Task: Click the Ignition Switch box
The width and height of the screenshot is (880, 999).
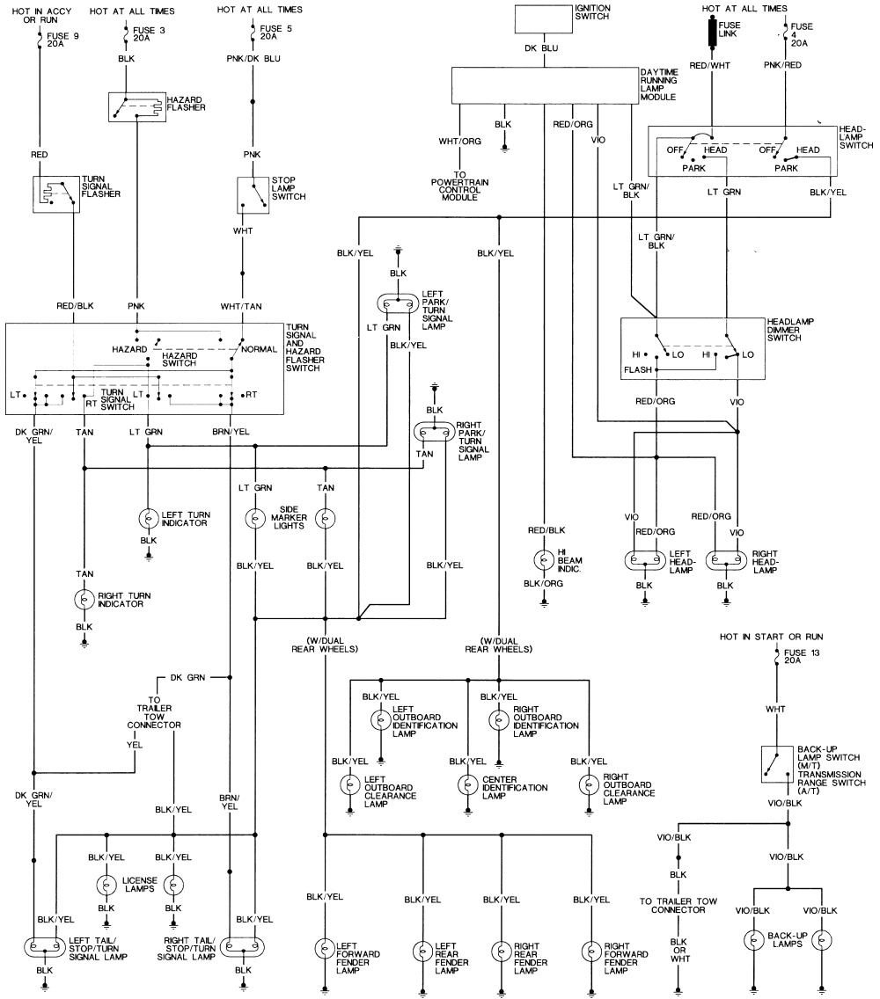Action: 541,18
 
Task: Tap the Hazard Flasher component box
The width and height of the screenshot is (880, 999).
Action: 136,107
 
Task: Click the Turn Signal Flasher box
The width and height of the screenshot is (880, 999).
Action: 55,193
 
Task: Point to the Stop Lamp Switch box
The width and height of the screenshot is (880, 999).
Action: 253,195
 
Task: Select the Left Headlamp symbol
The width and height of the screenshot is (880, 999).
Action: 645,560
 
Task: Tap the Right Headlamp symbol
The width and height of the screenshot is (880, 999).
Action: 725,560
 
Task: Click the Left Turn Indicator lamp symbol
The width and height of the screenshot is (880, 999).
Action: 149,519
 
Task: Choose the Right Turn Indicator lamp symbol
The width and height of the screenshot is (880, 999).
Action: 84,599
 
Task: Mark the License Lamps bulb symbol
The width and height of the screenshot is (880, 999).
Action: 107,886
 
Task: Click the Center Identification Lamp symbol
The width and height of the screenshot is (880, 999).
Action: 468,784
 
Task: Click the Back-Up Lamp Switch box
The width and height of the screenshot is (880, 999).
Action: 774,764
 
